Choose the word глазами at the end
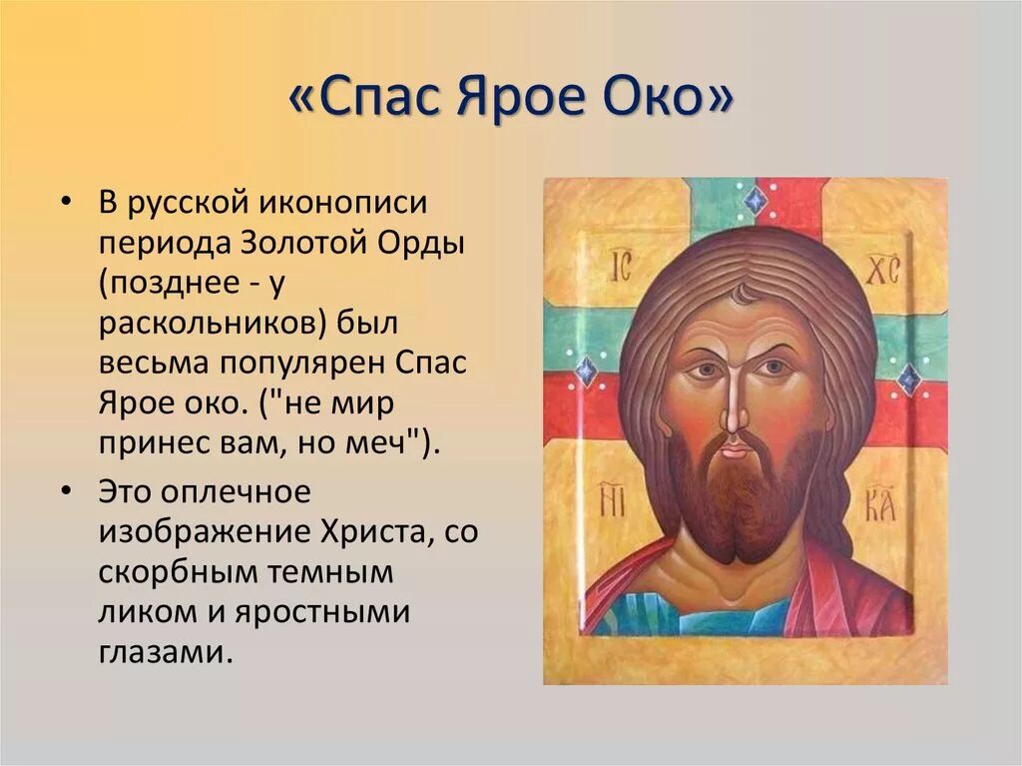click(165, 652)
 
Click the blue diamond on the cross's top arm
click(755, 203)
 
